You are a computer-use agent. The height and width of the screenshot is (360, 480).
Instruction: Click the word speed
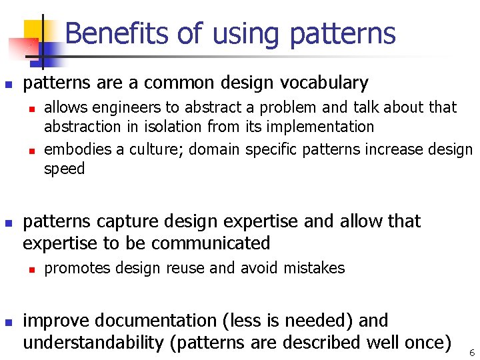65,169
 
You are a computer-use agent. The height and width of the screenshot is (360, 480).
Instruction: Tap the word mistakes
314,269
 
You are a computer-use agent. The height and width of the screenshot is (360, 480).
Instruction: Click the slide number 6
471,353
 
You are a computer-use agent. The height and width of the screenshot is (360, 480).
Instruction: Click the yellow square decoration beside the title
33,30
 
